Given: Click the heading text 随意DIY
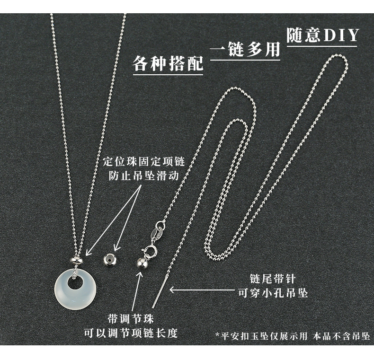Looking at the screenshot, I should [x=322, y=36].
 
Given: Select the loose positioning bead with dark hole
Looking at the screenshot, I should [x=110, y=260].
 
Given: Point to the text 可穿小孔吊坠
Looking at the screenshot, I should [x=272, y=293].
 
